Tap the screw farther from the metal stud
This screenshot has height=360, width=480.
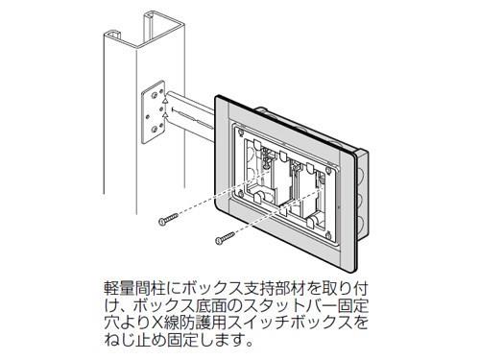223,235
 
